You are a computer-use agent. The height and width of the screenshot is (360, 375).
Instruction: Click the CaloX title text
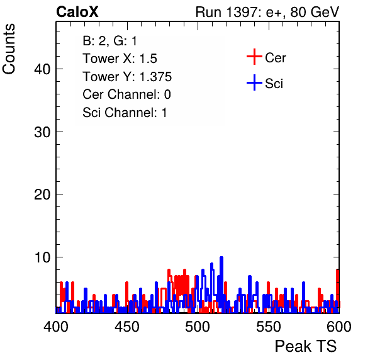coord(77,12)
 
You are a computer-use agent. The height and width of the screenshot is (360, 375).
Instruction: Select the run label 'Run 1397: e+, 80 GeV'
coord(267,12)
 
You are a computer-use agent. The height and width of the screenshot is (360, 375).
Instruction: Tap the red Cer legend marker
coord(254,57)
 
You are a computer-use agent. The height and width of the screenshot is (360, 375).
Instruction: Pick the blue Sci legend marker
coord(254,82)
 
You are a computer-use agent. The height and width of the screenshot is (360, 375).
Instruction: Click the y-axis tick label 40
coord(42,69)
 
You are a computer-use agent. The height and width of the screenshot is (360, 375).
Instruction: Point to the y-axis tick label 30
coord(42,132)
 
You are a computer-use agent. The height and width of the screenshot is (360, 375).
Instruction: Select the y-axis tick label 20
coord(42,194)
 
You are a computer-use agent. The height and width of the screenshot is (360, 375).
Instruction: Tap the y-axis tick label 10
coord(42,257)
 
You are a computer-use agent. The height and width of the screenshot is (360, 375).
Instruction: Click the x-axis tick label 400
coord(56,327)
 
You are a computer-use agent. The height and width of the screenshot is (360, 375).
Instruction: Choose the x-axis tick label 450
coord(126,327)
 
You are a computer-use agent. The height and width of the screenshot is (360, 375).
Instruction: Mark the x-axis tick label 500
coord(198,327)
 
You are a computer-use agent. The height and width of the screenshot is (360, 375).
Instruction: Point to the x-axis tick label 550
coord(268,327)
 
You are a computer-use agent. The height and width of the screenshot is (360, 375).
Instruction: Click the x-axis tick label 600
coord(339,327)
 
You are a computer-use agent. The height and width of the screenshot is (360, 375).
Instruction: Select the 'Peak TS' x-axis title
coord(306,346)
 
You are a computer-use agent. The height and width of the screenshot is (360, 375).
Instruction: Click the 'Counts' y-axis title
coord(9,49)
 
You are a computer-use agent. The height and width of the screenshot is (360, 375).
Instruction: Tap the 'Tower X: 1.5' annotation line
coord(120,59)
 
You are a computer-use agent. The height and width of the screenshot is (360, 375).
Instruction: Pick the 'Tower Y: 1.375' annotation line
coord(127,77)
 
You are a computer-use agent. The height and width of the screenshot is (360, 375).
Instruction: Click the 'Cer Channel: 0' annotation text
coord(126,94)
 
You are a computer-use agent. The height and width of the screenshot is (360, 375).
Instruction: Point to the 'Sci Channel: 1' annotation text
coord(125,113)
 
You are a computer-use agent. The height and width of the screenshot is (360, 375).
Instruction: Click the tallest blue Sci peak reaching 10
coord(221,258)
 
